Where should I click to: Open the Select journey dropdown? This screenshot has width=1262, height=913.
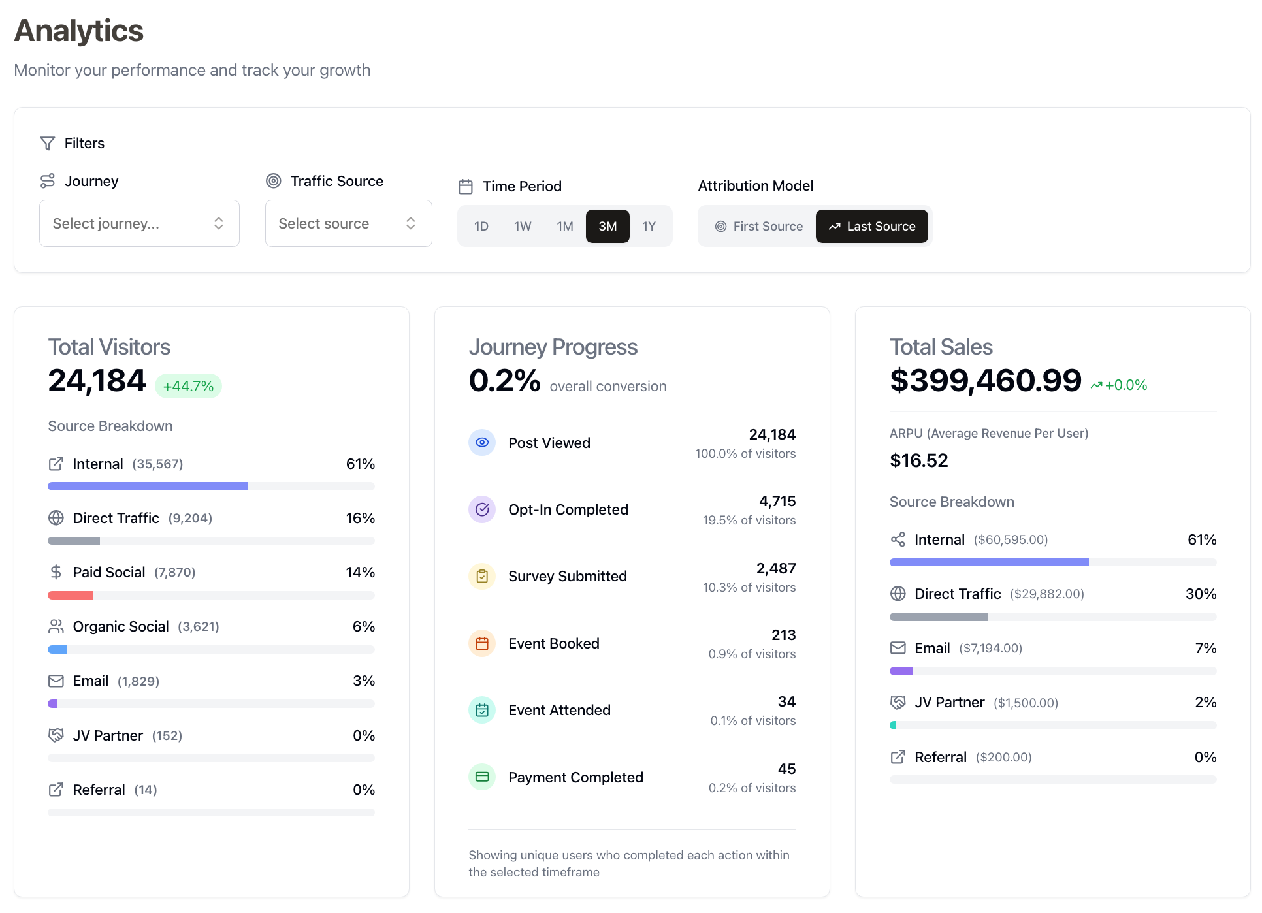point(139,223)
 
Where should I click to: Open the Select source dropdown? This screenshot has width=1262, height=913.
point(348,223)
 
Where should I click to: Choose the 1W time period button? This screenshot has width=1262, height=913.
point(523,226)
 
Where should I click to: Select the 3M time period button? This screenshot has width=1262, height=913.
point(607,226)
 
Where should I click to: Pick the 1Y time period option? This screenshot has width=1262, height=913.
point(649,226)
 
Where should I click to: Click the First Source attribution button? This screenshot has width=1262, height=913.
point(758,226)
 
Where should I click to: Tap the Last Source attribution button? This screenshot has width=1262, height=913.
point(872,226)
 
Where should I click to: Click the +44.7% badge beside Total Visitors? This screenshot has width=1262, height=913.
point(188,386)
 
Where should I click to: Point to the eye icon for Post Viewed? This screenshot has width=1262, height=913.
point(482,443)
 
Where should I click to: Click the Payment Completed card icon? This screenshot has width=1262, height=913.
point(482,777)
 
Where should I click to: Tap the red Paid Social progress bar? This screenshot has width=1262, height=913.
point(71,595)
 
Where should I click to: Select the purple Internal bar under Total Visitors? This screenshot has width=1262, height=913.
point(148,486)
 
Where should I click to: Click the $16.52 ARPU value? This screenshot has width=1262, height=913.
point(918,460)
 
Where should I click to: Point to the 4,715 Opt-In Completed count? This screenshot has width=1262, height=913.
point(777,501)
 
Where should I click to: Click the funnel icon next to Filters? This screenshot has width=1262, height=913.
point(48,143)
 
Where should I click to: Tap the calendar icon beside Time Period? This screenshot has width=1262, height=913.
point(466,187)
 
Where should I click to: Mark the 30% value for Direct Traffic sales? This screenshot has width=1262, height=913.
point(1201,594)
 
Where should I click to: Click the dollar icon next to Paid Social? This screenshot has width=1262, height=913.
point(56,572)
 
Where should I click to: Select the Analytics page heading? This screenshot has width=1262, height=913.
point(79,31)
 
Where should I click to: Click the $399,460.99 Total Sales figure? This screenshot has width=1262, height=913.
point(985,380)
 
